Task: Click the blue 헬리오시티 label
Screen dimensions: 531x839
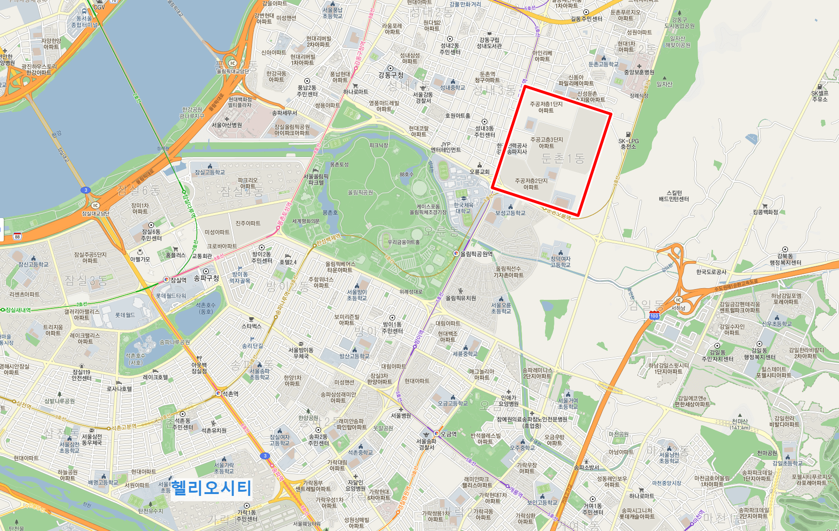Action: (x=212, y=488)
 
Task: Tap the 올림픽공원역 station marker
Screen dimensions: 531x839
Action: (x=456, y=254)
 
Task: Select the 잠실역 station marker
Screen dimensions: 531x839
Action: (x=166, y=280)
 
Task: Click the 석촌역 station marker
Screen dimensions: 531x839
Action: (x=218, y=393)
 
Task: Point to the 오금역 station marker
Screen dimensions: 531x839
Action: (x=436, y=434)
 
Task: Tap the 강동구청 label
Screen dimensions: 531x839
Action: (x=390, y=75)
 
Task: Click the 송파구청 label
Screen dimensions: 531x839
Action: (x=206, y=278)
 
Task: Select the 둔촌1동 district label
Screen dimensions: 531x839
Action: (x=563, y=159)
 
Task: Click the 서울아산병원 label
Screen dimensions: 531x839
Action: (x=227, y=125)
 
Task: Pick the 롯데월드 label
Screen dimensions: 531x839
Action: (x=125, y=315)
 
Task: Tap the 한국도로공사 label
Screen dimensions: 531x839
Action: (x=711, y=272)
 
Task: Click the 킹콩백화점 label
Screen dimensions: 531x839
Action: (x=765, y=212)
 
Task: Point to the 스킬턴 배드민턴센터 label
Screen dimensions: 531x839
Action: (x=674, y=196)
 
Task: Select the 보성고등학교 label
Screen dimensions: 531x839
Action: (x=510, y=213)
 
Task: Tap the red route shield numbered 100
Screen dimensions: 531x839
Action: (x=654, y=316)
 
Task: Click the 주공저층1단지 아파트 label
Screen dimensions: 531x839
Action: (x=546, y=107)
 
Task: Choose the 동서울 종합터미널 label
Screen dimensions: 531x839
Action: (x=85, y=22)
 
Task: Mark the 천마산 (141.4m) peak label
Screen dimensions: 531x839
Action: (x=740, y=424)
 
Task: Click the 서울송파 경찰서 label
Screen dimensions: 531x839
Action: (x=426, y=444)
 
